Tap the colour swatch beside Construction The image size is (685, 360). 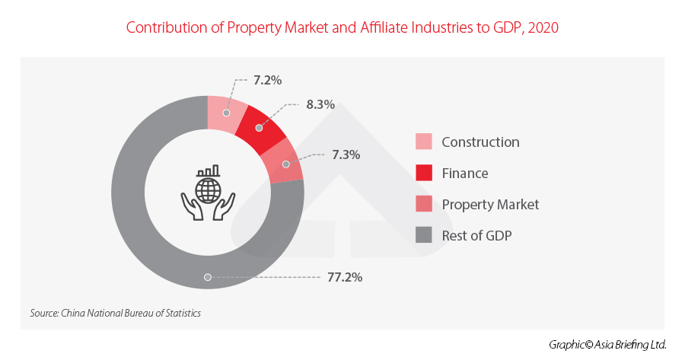point(424,142)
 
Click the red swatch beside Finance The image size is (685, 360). point(424,174)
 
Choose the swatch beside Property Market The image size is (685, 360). point(424,205)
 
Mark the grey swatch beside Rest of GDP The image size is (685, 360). point(424,236)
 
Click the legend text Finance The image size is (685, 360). point(464,174)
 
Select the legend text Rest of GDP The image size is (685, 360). point(476,236)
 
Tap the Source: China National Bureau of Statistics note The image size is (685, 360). point(115,313)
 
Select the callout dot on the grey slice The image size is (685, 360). point(204,277)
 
